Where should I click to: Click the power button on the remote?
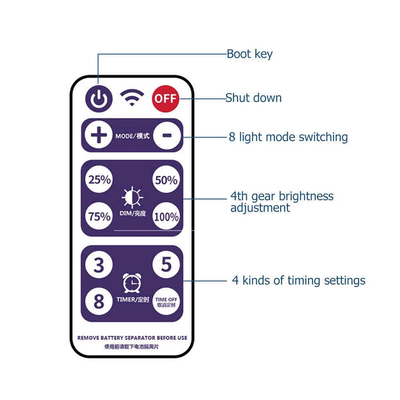pos(98,98)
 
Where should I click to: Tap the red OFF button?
pos(165,98)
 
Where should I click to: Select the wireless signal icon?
pos(132,98)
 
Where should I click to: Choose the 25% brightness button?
pos(100,180)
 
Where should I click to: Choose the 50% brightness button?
pos(166,180)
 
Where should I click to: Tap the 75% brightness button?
pos(100,217)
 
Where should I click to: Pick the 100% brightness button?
pos(166,217)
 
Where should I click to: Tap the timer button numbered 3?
pos(99,265)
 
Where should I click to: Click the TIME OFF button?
pos(166,302)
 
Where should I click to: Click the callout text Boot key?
pos(249,54)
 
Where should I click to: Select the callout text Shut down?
pos(253,98)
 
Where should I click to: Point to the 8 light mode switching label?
pos(288,137)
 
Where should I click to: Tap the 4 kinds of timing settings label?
pos(299,280)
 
